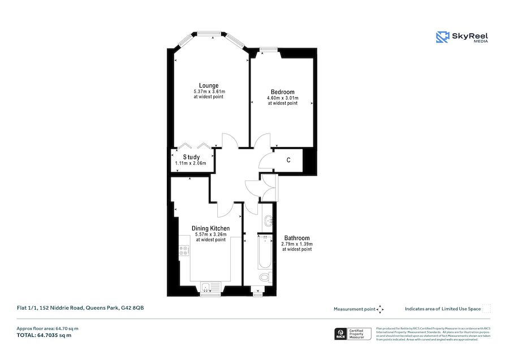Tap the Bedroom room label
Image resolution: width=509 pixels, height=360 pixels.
(x=282, y=92)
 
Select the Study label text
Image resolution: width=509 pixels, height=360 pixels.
(x=191, y=157)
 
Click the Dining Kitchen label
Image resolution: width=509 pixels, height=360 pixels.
(x=210, y=228)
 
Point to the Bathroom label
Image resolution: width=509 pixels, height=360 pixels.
(x=297, y=238)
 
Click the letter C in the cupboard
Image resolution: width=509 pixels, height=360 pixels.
(x=288, y=161)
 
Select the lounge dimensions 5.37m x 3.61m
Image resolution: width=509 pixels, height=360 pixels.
(x=209, y=92)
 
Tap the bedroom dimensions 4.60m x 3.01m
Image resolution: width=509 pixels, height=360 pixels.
(x=282, y=98)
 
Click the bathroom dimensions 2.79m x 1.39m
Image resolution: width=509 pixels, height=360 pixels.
(x=297, y=244)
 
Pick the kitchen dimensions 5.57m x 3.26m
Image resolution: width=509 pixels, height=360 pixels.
(x=210, y=234)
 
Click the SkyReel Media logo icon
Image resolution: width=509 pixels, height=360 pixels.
(x=442, y=37)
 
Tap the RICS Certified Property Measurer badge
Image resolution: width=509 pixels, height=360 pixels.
(x=353, y=334)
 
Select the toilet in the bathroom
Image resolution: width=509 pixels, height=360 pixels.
(x=264, y=277)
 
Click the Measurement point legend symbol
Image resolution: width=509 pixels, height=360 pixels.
(x=380, y=309)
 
